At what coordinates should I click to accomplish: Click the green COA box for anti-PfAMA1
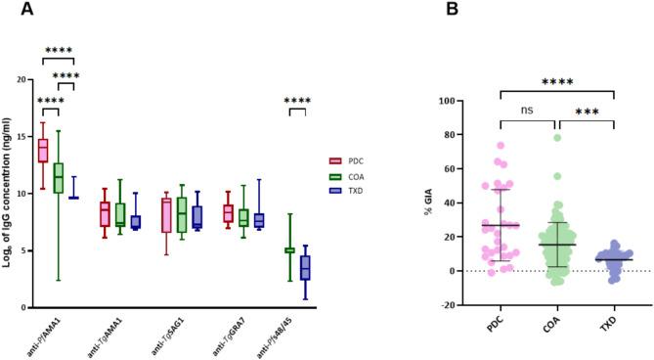point(59,177)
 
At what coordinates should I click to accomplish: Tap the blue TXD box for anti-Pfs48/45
point(305,267)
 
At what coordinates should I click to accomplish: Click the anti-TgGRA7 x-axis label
point(233,333)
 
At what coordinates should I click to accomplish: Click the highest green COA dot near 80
point(557,137)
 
